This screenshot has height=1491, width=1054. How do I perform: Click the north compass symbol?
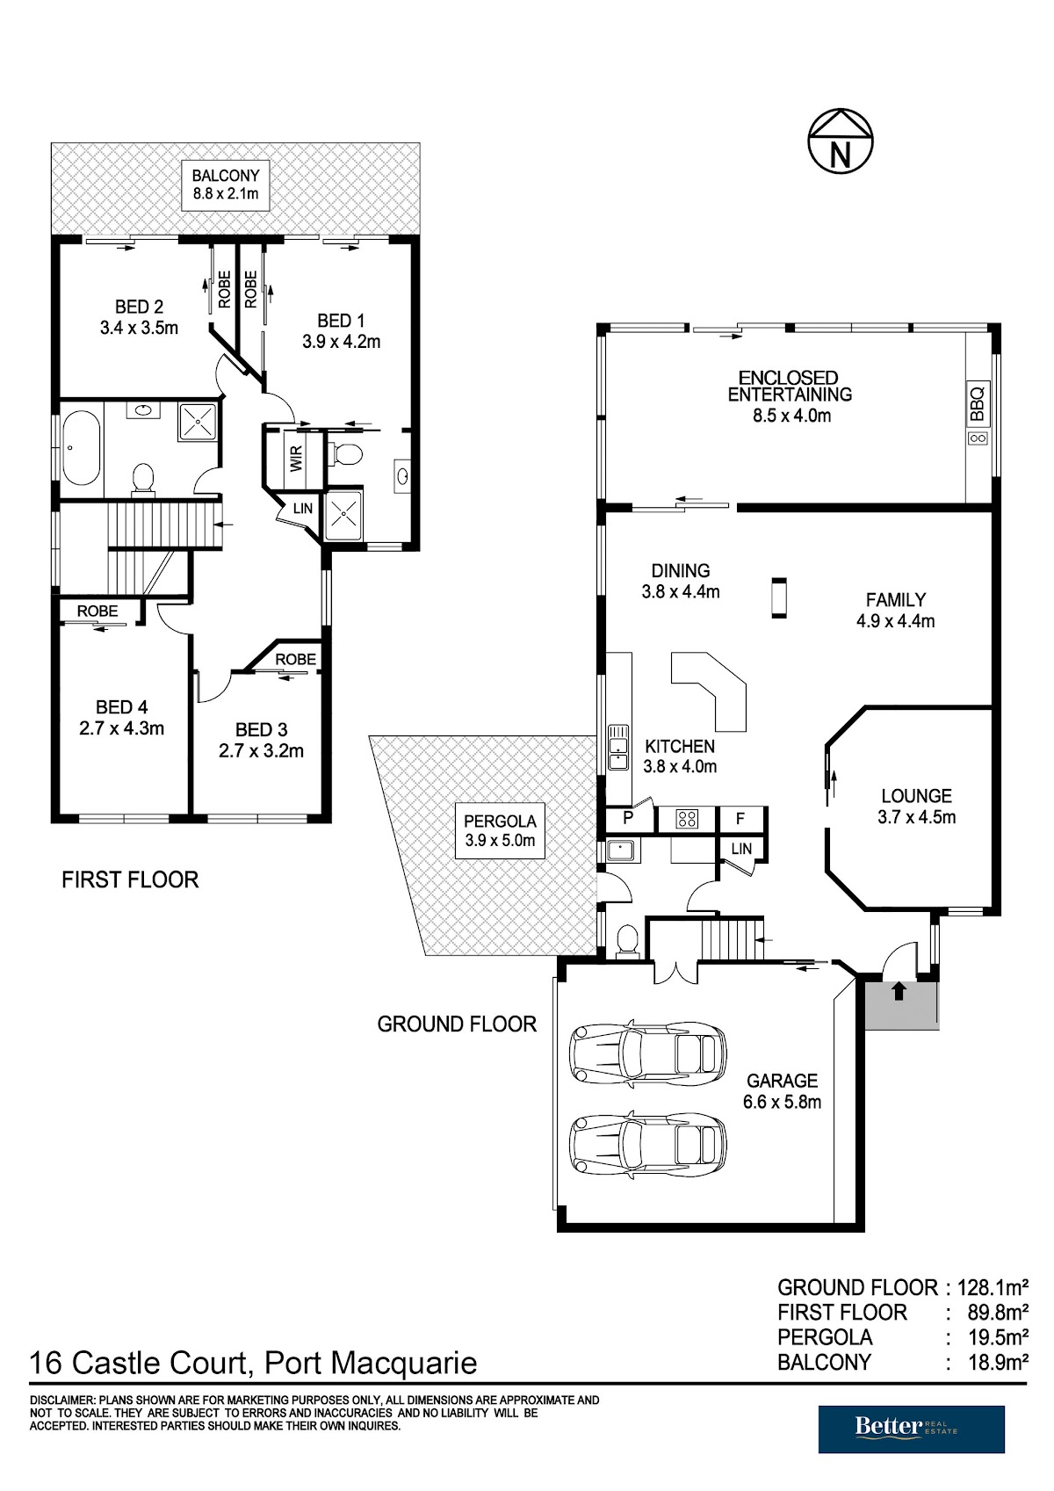coord(841,141)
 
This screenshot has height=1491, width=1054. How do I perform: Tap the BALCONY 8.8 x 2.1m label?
coord(226,185)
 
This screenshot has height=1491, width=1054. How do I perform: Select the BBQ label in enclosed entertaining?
coord(977,404)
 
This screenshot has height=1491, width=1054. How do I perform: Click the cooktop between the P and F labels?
coord(687,819)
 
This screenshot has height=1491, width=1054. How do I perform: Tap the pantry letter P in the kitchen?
coord(627,818)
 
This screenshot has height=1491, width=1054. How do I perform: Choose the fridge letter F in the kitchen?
coord(740,818)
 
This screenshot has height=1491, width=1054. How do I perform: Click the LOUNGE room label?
coord(916,795)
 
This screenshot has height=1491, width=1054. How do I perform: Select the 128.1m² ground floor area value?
coord(993,1286)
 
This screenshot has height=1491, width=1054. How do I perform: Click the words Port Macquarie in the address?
coord(371,1363)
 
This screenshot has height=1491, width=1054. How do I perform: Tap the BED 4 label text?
coord(122,706)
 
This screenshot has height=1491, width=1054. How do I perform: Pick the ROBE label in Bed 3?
coord(295,659)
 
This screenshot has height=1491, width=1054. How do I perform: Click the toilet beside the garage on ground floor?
coord(627,941)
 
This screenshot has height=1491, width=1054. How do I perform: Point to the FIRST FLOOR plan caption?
coord(130,879)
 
